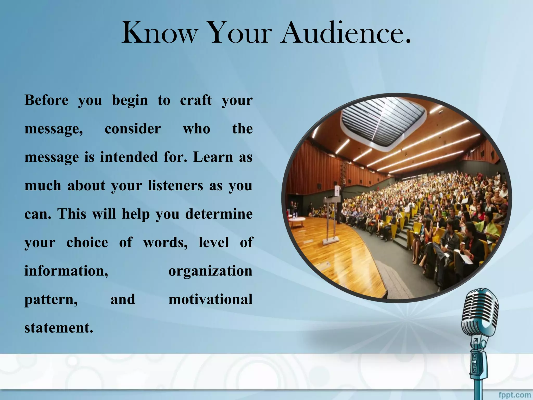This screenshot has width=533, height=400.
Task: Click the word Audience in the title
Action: (x=346, y=33)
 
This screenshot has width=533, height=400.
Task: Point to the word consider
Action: (x=133, y=129)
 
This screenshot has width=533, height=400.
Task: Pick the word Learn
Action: (x=213, y=157)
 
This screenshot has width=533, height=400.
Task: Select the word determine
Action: (x=219, y=214)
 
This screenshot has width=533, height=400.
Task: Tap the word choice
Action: (x=87, y=242)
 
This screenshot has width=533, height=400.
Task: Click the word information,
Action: (x=66, y=271)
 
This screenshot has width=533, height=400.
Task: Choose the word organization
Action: (x=210, y=271)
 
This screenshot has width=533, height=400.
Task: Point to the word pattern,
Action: (x=51, y=299)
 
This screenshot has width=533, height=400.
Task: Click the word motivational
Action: (x=210, y=299)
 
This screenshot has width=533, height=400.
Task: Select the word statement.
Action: (x=59, y=328)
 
